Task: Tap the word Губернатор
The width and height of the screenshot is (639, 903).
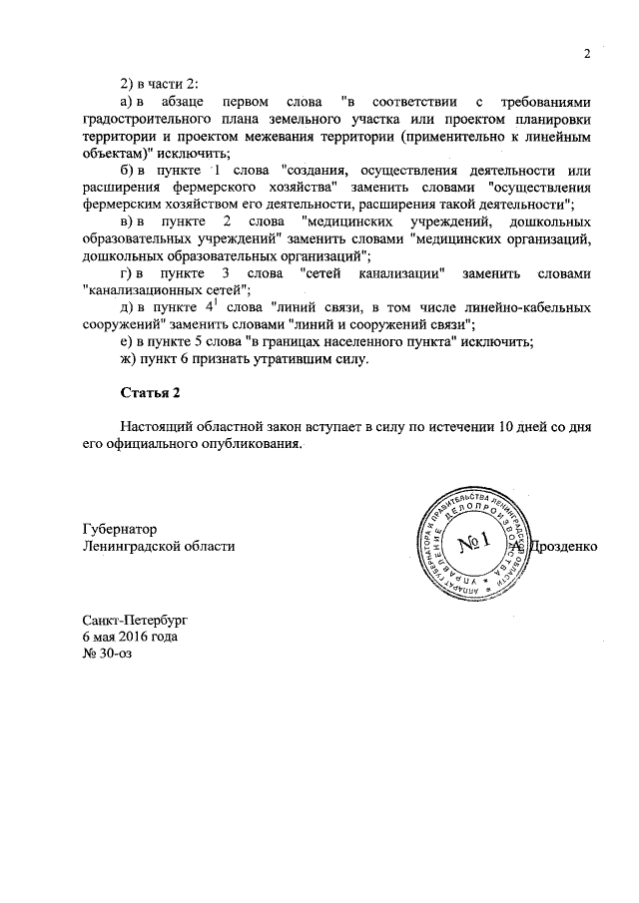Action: click(x=120, y=528)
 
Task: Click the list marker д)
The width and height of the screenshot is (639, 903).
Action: click(x=127, y=307)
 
